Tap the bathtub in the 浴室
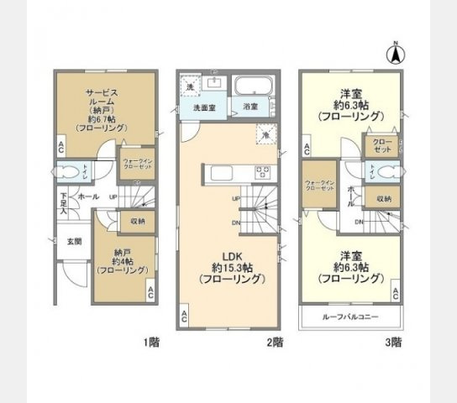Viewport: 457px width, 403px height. [x=250, y=87]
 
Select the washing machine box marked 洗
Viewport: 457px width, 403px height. [x=190, y=87]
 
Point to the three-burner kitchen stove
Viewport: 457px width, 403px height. [x=261, y=172]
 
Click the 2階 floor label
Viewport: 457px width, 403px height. [x=274, y=343]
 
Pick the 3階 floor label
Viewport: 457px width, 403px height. [x=393, y=343]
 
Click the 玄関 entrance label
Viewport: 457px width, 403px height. [x=74, y=242]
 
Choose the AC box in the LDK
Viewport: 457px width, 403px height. [x=184, y=318]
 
